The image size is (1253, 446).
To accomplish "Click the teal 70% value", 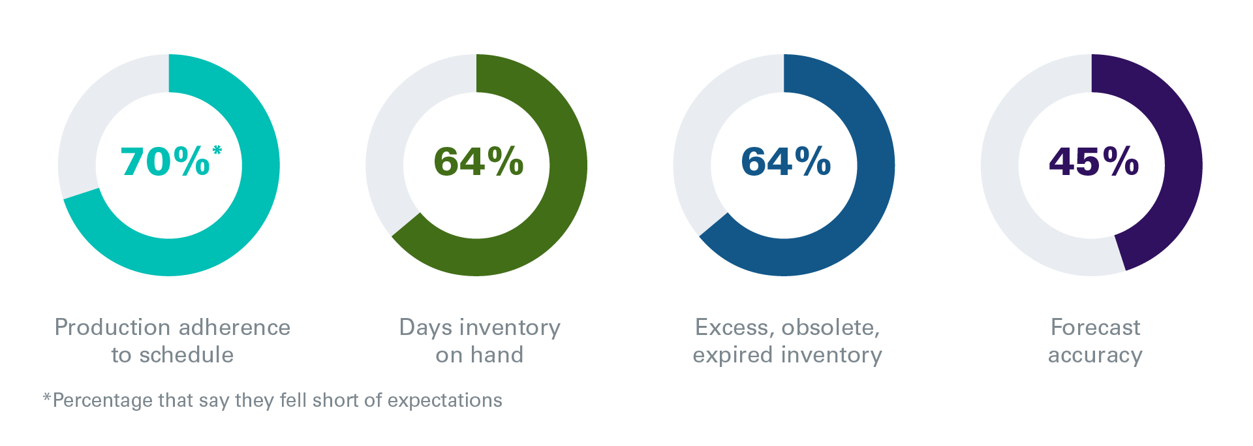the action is [165, 161].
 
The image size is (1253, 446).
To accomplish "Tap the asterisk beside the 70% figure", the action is [217, 151].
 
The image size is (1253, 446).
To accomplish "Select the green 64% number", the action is [478, 161].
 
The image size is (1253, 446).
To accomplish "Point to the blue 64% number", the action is [786, 161].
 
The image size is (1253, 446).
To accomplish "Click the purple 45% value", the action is [1094, 161].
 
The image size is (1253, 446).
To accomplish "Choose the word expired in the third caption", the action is [734, 355].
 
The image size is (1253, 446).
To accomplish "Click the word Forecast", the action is [1095, 327].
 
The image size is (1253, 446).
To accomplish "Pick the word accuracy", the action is [1095, 355].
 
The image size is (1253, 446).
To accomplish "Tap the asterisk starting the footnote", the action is [47, 396].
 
